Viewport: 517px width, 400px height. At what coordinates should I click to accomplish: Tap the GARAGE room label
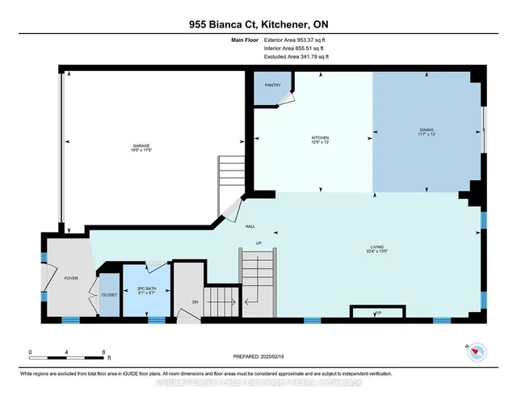click(x=142, y=145)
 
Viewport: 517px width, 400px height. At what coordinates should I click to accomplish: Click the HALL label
click(x=250, y=227)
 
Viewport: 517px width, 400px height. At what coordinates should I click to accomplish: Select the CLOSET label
click(x=108, y=294)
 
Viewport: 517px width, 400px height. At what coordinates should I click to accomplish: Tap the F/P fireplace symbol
click(x=377, y=313)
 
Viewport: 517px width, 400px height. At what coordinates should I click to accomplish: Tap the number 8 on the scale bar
click(x=103, y=352)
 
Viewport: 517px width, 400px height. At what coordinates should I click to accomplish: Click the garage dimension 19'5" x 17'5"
click(x=142, y=150)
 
